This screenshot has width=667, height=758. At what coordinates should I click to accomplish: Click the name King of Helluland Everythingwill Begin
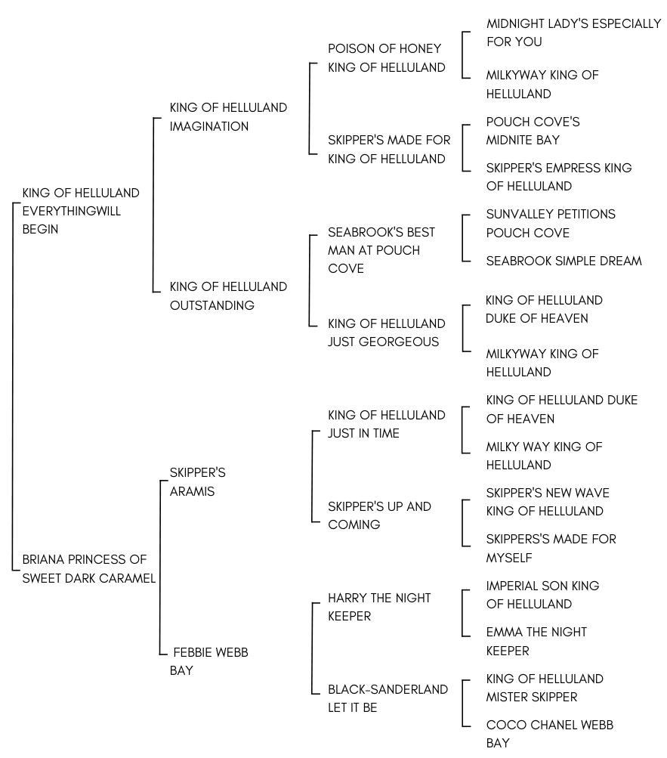[x=81, y=211]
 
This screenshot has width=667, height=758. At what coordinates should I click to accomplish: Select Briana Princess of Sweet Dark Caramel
[x=89, y=568]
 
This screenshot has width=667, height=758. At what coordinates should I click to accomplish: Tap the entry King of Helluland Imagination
[x=228, y=116]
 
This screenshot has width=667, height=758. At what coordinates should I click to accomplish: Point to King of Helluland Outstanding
[x=228, y=295]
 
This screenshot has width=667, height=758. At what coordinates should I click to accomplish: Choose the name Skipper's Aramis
[x=198, y=482]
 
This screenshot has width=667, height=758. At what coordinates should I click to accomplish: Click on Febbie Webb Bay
[x=208, y=661]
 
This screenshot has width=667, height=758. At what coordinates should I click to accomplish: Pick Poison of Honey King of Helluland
[x=387, y=57]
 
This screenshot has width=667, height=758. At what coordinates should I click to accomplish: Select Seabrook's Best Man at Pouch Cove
[x=381, y=250]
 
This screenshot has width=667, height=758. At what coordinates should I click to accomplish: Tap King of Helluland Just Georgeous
[x=387, y=332]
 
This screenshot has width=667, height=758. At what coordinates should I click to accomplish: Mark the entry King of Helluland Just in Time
[x=387, y=424]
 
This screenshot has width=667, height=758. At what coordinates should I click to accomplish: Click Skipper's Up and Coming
[x=379, y=515]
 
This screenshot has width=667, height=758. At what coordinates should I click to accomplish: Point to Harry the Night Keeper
[x=379, y=607]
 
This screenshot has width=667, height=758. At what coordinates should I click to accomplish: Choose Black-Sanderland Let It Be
[x=388, y=698]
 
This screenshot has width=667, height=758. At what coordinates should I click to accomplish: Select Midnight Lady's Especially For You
[x=574, y=32]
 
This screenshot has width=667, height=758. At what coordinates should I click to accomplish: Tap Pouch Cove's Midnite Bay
[x=533, y=131]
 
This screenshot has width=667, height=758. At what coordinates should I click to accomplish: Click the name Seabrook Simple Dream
[x=564, y=261]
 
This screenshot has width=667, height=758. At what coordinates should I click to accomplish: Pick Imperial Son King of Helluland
[x=543, y=595]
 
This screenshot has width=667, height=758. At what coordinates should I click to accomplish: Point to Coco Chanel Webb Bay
[x=550, y=734]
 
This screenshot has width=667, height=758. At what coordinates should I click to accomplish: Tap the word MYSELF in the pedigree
[x=509, y=558]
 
